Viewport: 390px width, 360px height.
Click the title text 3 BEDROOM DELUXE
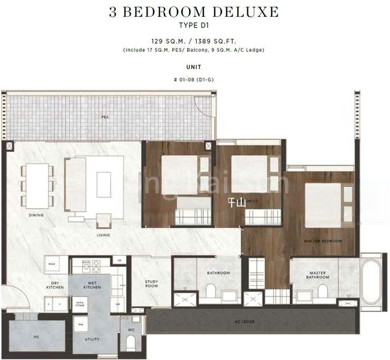coord(194,11)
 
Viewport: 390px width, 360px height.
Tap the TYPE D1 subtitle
coord(194,25)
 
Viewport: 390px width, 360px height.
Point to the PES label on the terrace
coord(105,117)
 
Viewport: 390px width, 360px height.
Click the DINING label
coord(35,214)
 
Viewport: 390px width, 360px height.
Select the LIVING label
coord(103,235)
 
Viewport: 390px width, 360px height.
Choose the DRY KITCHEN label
coord(55,286)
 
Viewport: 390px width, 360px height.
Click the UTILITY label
coord(92,339)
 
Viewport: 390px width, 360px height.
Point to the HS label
coord(35,337)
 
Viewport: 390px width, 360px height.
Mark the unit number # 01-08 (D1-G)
coord(194,80)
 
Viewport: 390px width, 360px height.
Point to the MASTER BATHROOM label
coord(317,275)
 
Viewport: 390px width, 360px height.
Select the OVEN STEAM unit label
coord(80,305)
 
